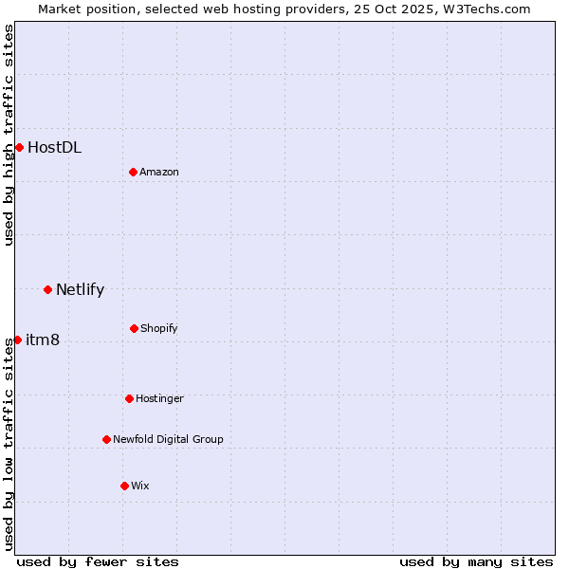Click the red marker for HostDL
pos(19,147)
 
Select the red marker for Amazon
pos(133,172)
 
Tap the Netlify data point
pos(47,289)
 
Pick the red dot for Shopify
pos(134,328)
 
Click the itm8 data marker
pos(17,340)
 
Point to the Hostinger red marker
pos(129,398)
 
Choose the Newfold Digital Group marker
pos(106,439)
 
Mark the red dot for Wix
pos(124,486)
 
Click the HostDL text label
pos(54,147)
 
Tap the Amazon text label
pos(159,172)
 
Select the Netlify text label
pos(80,289)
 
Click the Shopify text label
pos(159,328)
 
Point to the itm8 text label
pos(43,340)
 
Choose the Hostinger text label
pos(159,398)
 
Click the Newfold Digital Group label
pos(168,439)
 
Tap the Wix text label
pos(140,486)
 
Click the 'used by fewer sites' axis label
pos(98,561)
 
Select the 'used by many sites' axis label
pos(476,561)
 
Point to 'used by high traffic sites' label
pos(9,136)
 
